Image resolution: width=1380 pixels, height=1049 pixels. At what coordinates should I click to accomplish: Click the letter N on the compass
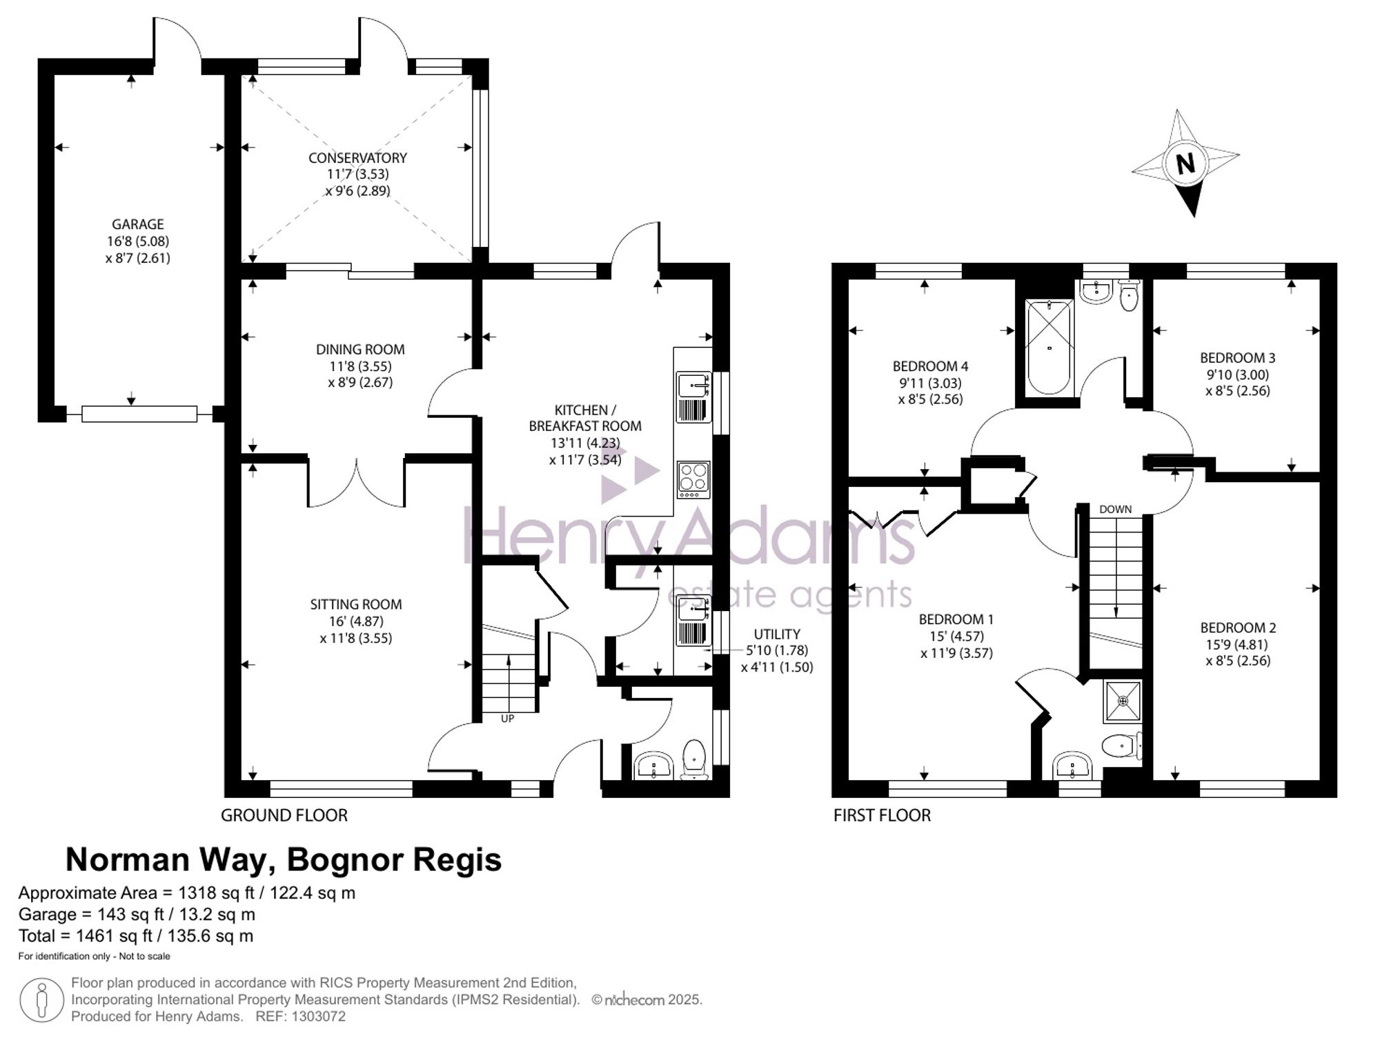[1185, 164]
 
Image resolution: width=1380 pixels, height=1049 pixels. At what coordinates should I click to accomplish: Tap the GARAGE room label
[138, 224]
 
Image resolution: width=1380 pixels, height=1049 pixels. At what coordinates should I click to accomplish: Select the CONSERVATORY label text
[357, 158]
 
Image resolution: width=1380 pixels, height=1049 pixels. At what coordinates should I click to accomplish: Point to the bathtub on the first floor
[1049, 347]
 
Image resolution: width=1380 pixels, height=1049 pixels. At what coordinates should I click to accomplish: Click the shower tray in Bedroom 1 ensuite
[1123, 701]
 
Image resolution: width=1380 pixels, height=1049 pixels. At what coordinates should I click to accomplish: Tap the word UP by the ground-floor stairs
[507, 719]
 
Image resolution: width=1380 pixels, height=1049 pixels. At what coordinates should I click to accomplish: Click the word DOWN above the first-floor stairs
[1115, 510]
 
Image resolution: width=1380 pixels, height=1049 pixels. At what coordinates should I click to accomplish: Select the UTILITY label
[777, 634]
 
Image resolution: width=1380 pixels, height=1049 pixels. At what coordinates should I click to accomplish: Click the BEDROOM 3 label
[1237, 358]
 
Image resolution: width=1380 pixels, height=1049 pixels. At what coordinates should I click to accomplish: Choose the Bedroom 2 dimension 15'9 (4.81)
[1237, 645]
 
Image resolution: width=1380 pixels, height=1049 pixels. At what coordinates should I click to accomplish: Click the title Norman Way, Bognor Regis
[283, 860]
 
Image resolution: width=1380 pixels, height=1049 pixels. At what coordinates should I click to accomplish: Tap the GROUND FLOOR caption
[284, 815]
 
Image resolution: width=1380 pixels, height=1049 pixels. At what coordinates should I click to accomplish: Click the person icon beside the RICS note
[41, 1000]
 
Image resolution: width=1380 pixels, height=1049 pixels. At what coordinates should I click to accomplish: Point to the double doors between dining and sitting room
[356, 483]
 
